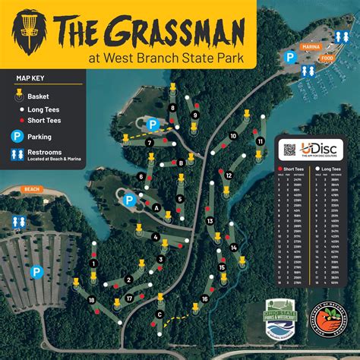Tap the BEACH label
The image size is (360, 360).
pyautogui.click(x=32, y=188)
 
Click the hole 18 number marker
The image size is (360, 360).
pyautogui.click(x=92, y=301)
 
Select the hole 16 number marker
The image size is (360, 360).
pyautogui.click(x=204, y=299)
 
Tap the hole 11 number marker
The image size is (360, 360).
pyautogui.click(x=261, y=141)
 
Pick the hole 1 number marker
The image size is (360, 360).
pyautogui.click(x=93, y=263)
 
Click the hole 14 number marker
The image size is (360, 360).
pyautogui.click(x=234, y=247)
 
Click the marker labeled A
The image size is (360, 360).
pyautogui.click(x=156, y=207)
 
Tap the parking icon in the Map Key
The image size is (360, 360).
pyautogui.click(x=17, y=137)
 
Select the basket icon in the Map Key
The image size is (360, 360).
pyautogui.click(x=18, y=96)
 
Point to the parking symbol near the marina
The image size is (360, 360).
pyautogui.click(x=289, y=56)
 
